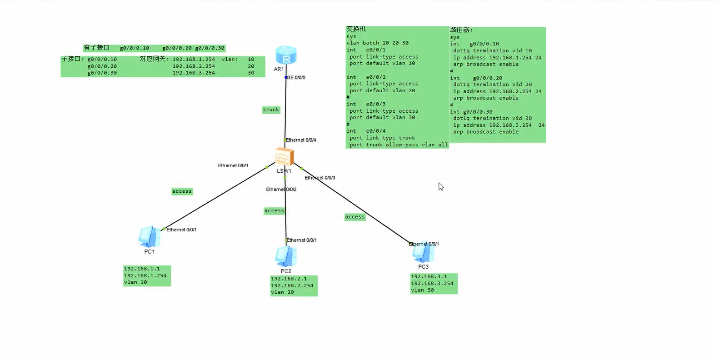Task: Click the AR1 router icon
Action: point(286,55)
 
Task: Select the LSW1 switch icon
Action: point(285,156)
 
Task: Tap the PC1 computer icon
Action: point(149,237)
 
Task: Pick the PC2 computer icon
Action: point(286,256)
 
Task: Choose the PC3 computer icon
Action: point(423,253)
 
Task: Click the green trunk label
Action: point(271,110)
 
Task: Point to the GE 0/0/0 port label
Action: point(296,78)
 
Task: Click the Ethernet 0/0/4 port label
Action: point(300,140)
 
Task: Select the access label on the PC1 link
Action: point(182,191)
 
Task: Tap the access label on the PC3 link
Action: point(355,217)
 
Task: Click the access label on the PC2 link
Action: point(274,211)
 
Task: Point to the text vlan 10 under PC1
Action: point(135,282)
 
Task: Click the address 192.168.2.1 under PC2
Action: point(289,279)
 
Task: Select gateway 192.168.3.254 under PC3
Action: point(432,283)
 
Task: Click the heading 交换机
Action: point(356,29)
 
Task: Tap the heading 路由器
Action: point(461,30)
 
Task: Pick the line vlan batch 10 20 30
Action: point(377,43)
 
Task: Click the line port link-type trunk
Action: point(382,138)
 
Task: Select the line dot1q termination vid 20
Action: point(492,85)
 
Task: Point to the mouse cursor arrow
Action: point(440,186)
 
